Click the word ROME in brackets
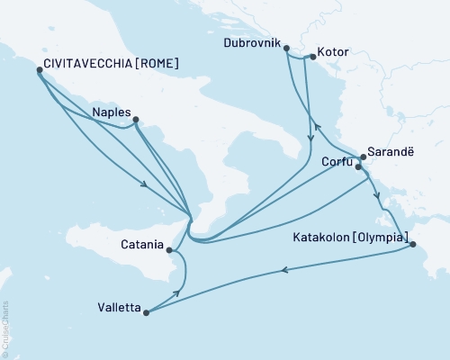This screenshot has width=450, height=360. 157,64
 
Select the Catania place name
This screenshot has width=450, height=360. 142,244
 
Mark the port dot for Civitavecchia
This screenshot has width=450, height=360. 38,70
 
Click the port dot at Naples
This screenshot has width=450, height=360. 135,119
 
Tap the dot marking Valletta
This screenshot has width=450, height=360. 145,313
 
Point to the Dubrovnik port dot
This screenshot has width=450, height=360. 286,49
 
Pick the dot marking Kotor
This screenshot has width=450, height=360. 311,58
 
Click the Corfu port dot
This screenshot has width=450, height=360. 358,166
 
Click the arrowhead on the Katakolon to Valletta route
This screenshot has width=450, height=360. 285,269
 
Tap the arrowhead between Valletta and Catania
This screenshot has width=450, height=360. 177,293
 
